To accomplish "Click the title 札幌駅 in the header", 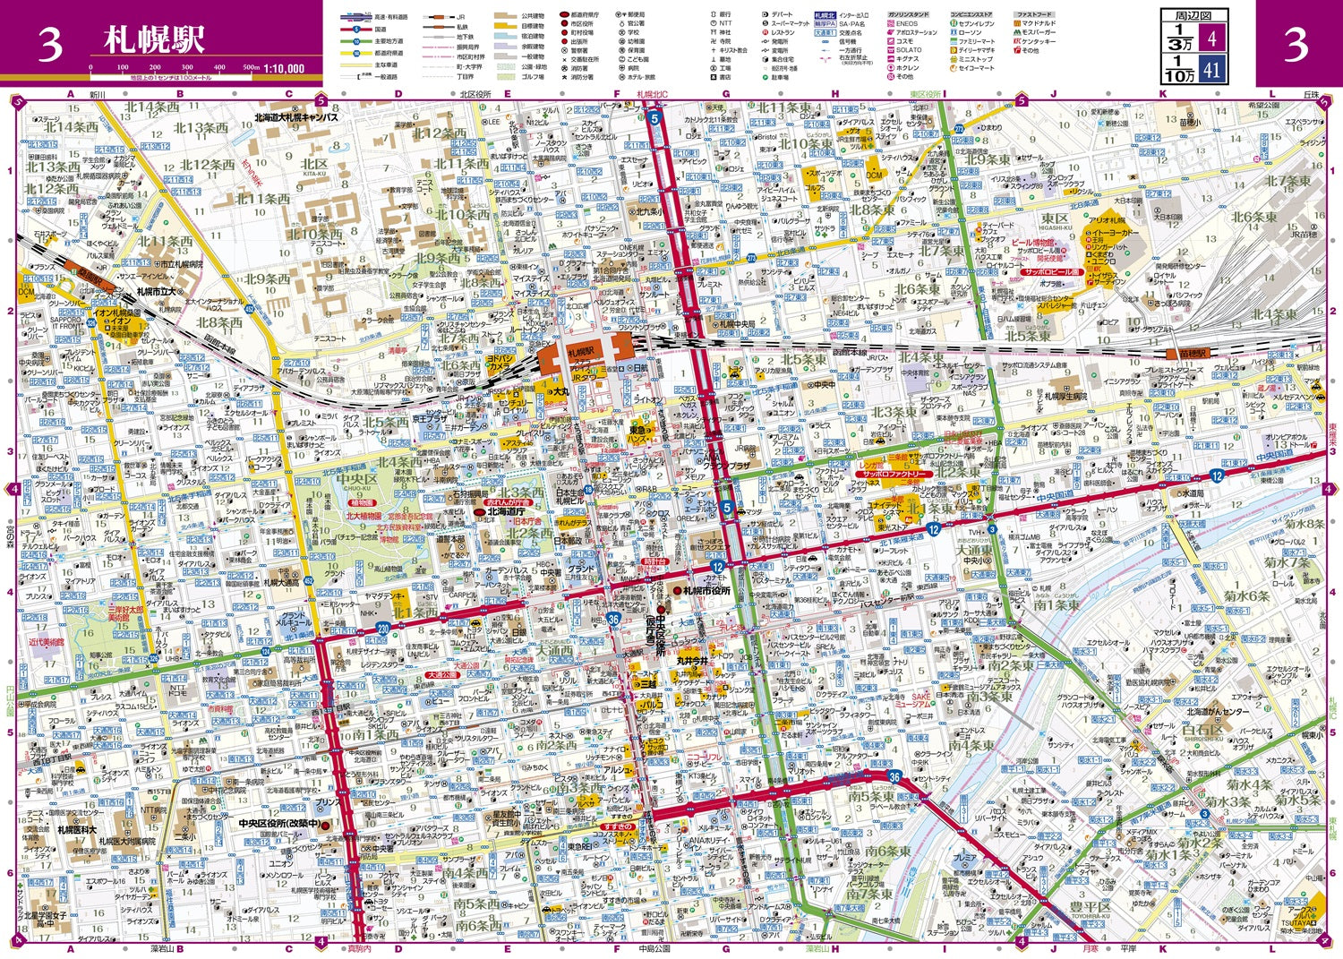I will [x=154, y=39].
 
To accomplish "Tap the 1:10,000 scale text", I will [x=284, y=68].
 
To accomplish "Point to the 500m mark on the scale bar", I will [x=252, y=67].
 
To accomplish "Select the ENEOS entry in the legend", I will [x=906, y=24].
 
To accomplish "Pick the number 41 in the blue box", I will [x=1212, y=69].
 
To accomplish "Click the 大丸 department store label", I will [x=559, y=391].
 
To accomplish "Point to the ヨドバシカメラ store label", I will [x=500, y=363].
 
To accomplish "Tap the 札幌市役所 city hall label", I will [x=706, y=591].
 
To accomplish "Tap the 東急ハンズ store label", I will [x=637, y=432].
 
